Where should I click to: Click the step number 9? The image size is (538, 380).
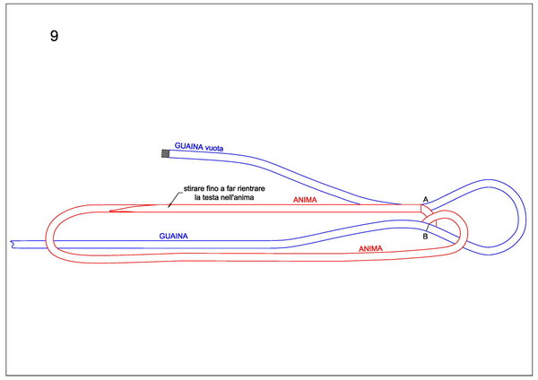click(x=54, y=36)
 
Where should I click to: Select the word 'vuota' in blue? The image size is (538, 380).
click(x=214, y=148)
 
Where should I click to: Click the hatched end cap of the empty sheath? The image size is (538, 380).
click(x=165, y=153)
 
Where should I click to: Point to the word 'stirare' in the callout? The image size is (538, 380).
click(x=194, y=188)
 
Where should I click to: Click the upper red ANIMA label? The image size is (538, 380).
click(x=305, y=200)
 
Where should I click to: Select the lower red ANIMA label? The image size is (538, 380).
click(x=370, y=248)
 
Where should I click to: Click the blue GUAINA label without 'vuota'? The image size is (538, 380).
click(x=173, y=236)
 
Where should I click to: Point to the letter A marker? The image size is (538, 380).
click(x=425, y=199)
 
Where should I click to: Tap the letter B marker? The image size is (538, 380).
click(x=425, y=237)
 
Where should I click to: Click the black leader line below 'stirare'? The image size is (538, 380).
click(x=174, y=200)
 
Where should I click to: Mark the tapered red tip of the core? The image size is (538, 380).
click(x=109, y=211)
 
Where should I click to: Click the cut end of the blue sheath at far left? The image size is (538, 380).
click(x=13, y=244)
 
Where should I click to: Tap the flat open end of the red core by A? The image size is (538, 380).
click(x=421, y=209)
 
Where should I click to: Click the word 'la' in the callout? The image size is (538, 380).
click(x=197, y=197)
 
